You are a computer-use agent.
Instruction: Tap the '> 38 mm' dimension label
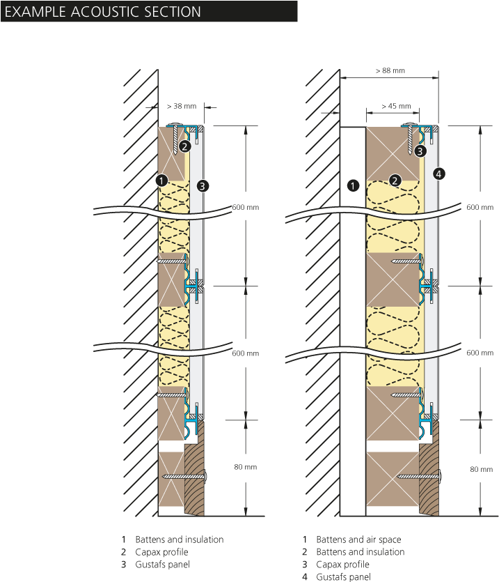pyautogui.click(x=182, y=106)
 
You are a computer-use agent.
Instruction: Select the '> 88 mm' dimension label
pyautogui.click(x=390, y=70)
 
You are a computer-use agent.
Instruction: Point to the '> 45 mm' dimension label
pyautogui.click(x=396, y=106)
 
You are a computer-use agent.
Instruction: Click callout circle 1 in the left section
pyautogui.click(x=161, y=181)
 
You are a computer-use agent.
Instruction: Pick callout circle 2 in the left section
pyautogui.click(x=184, y=146)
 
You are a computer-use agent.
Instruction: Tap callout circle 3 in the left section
pyautogui.click(x=203, y=185)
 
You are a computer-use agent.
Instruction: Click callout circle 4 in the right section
pyautogui.click(x=439, y=174)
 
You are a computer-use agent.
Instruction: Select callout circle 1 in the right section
pyautogui.click(x=353, y=185)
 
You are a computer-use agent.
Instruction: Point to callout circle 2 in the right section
pyautogui.click(x=395, y=181)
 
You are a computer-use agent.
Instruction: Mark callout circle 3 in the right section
pyautogui.click(x=420, y=151)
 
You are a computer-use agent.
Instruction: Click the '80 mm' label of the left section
pyautogui.click(x=246, y=467)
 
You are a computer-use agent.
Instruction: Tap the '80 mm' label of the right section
pyautogui.click(x=482, y=469)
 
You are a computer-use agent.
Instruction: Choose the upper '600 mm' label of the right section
pyautogui.click(x=480, y=208)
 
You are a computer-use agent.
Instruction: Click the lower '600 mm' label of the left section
pyautogui.click(x=246, y=353)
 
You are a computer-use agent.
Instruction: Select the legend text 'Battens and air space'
pyautogui.click(x=358, y=539)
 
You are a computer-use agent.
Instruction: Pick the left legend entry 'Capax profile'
pyautogui.click(x=161, y=552)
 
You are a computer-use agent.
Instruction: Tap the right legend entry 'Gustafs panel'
pyautogui.click(x=343, y=577)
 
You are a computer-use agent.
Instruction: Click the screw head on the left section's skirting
pyautogui.click(x=206, y=476)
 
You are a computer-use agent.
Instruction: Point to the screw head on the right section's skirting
pyautogui.click(x=441, y=476)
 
